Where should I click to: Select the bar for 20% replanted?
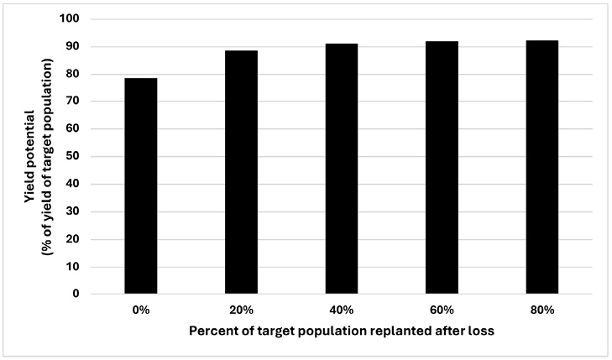[x=241, y=172]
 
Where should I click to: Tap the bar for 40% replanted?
[x=341, y=169]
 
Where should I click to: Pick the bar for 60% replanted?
[x=442, y=168]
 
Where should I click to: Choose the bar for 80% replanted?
[x=541, y=167]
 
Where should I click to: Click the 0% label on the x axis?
[x=140, y=310]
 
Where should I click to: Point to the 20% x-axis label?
[x=241, y=310]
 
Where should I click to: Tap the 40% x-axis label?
[x=341, y=310]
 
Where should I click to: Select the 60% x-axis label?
[x=442, y=310]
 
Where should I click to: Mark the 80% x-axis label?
[x=541, y=310]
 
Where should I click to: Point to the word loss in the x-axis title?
[x=480, y=331]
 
